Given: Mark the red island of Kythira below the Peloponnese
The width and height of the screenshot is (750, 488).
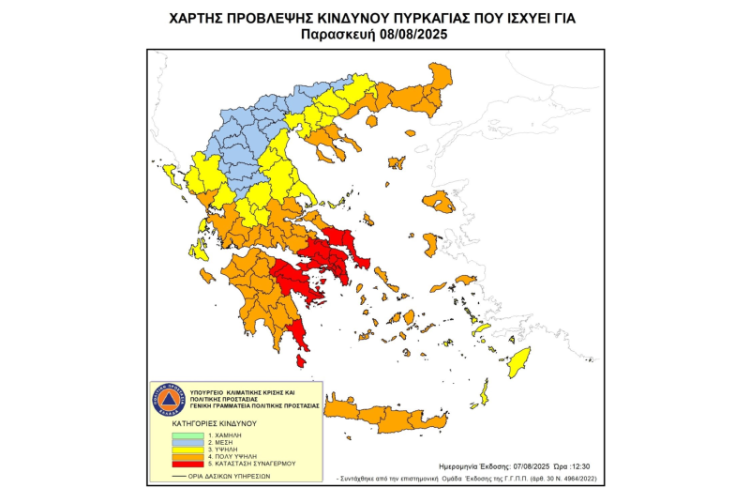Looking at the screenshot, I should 302,360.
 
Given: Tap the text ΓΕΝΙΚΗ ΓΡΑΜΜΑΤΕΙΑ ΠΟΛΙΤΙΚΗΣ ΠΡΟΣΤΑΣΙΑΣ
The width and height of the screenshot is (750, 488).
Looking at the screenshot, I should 254,405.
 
